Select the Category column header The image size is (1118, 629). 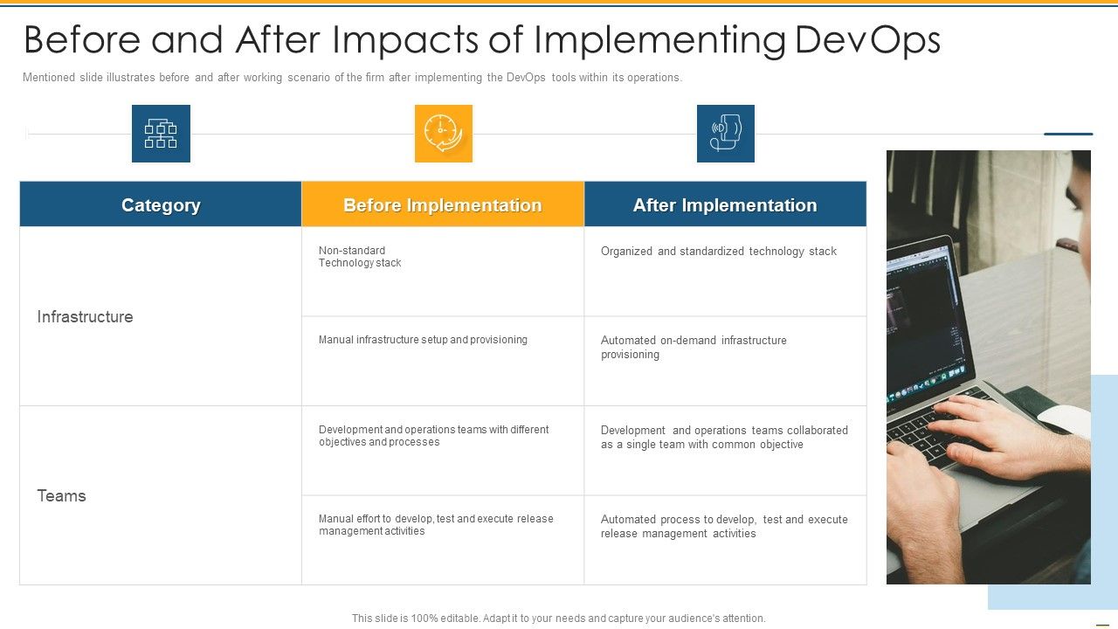click(x=161, y=204)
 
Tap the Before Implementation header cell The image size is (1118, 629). click(x=443, y=204)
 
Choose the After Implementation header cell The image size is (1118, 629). click(x=725, y=204)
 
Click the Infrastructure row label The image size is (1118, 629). click(x=85, y=316)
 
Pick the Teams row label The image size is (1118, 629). click(x=61, y=495)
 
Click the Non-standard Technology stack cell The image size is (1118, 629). click(x=360, y=257)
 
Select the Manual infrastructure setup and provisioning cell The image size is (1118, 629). click(x=423, y=340)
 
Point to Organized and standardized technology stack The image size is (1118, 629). click(x=718, y=252)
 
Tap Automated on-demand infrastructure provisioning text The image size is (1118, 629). click(x=694, y=347)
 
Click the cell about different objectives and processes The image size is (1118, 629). click(x=433, y=436)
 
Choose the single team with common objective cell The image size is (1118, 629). click(x=724, y=437)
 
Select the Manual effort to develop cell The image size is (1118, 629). click(x=436, y=525)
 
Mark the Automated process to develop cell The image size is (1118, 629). click(x=724, y=526)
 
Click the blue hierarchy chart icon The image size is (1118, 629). click(x=161, y=134)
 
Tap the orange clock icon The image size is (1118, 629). click(x=443, y=134)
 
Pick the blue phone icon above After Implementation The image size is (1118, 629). click(x=725, y=134)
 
